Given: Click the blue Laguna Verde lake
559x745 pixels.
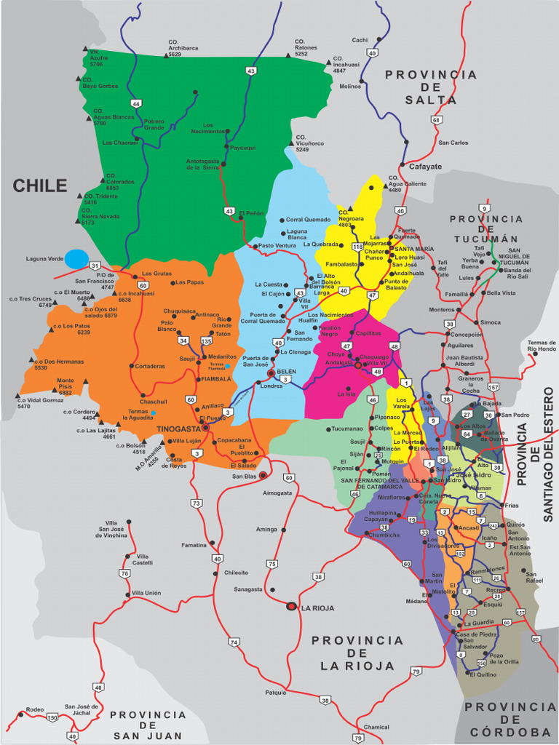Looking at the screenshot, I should pos(76,258).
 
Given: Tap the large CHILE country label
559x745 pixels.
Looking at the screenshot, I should pos(40,186).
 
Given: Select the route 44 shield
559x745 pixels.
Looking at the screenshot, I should pos(136,103).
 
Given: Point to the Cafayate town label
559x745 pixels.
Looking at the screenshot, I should pos(425,167).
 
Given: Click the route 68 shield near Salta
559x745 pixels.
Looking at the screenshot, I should pos(436,120).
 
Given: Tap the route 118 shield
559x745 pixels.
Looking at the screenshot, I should pos(357,247).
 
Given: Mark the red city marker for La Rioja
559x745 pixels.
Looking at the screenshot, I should pos(292,606).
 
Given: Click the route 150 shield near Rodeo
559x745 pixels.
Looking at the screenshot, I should pos(52,717).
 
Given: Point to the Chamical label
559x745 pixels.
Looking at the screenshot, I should pos(376,727).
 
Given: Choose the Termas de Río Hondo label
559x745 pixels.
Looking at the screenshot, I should pos(542,346).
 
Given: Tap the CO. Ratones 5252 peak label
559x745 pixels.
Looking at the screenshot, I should pos(306,48).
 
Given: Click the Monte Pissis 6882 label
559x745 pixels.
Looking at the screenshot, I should pos(66,386).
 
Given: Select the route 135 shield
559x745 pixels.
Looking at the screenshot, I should pos(206,340).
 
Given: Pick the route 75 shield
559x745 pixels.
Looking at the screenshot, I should pos(272,563).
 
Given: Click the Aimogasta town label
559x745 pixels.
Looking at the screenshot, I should pos(277,493).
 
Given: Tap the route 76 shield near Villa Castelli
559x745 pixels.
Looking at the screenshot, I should pos(124,573).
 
